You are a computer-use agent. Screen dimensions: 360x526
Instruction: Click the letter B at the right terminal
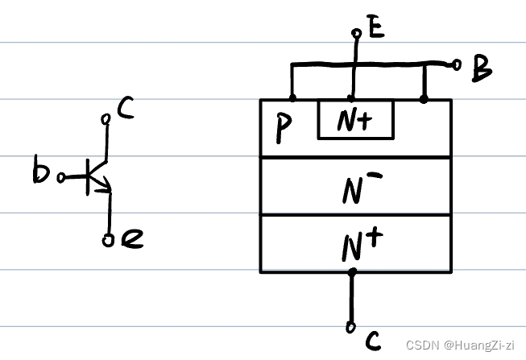pos(482,69)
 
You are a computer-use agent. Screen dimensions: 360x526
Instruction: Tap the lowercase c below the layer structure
pos(372,341)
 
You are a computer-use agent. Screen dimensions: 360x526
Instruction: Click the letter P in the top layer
pos(282,129)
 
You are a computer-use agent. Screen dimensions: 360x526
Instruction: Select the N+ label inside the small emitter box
pos(355,122)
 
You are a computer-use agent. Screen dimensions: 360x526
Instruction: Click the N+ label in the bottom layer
pos(355,246)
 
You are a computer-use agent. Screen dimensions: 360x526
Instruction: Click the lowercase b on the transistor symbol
pos(41,173)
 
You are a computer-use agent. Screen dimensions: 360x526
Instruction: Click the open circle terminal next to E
pos(356,34)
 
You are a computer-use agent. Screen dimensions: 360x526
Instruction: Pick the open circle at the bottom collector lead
pos(351,327)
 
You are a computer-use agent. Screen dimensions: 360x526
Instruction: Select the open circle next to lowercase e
pos(109,238)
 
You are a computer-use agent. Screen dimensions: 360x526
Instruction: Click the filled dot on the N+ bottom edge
pos(351,272)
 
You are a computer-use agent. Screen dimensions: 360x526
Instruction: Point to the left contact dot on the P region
pos(292,99)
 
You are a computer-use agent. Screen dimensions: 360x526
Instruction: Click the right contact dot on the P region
pos(425,99)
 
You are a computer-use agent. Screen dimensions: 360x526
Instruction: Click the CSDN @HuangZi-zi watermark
pos(460,345)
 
